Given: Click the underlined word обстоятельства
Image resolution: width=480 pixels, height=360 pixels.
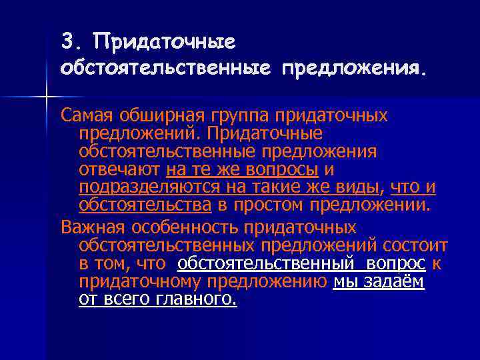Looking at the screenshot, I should (145, 203).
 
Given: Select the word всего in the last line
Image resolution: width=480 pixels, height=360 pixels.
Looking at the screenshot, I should (124, 299).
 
